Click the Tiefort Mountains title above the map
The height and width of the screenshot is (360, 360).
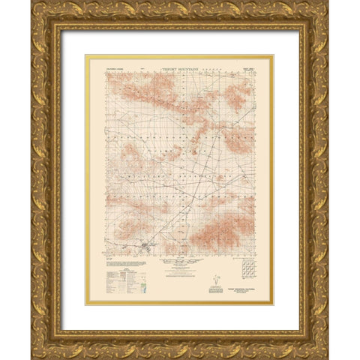[180, 66]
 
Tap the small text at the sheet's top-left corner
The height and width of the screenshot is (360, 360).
[109, 67]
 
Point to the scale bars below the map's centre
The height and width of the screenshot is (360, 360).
[180, 264]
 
